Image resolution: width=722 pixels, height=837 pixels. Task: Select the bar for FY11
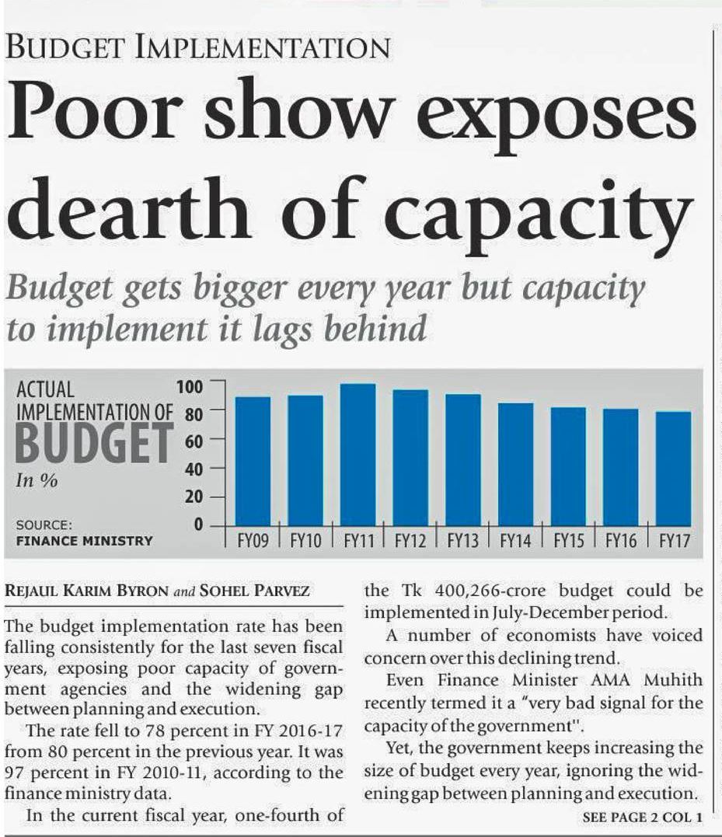click(x=358, y=455)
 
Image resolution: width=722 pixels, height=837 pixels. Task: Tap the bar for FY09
click(x=253, y=462)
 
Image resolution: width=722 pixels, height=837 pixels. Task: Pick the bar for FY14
click(x=515, y=464)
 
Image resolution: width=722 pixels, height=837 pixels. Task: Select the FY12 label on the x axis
click(x=410, y=542)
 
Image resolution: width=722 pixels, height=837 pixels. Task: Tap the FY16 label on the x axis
click(x=621, y=542)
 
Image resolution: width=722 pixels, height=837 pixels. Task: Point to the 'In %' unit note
click(x=37, y=480)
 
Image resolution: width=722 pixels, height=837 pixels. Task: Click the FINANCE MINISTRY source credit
click(x=85, y=540)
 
